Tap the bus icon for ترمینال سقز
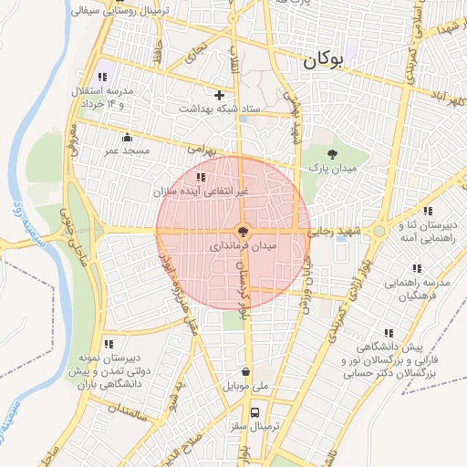pos(258,411)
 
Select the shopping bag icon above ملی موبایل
pos(246,371)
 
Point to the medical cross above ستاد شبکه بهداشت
pos(219,95)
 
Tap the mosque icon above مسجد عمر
pos(127,138)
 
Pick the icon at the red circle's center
pos(242,232)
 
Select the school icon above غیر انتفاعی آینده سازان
pos(201,177)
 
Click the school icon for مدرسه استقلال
pos(102,78)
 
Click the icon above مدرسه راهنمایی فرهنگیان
pos(417,268)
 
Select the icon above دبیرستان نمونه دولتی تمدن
pos(109,344)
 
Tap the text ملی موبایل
pos(246,386)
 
